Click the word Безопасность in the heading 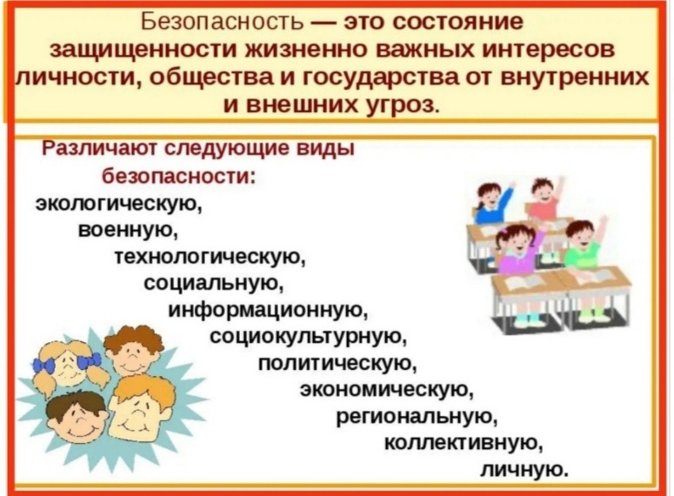click(223, 22)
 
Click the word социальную click(214, 283)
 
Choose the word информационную click(268, 310)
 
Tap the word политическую click(337, 364)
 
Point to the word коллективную click(462, 443)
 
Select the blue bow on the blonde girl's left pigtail click(44, 365)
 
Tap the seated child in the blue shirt click(492, 202)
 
